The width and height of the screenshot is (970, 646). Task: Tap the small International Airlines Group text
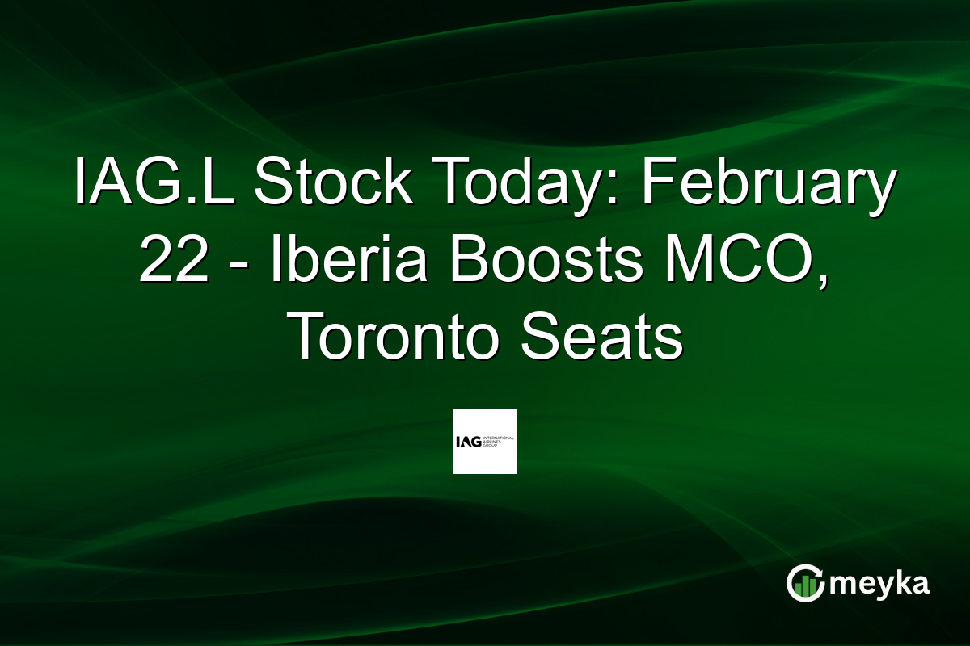point(498,442)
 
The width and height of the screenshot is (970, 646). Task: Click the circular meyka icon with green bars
point(806,583)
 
